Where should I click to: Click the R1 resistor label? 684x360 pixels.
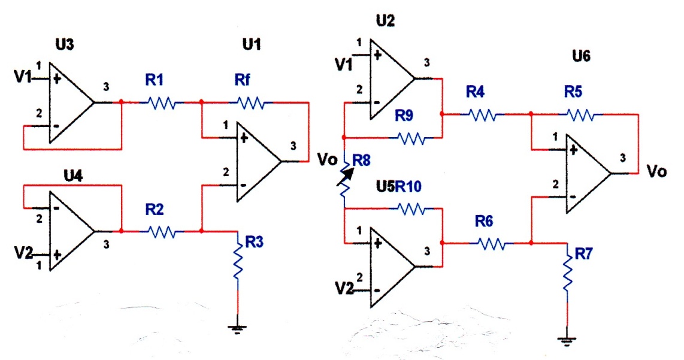pyautogui.click(x=154, y=80)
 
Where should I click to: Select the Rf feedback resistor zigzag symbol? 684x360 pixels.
pyautogui.click(x=251, y=103)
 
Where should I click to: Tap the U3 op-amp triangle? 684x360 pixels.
pyautogui.click(x=71, y=102)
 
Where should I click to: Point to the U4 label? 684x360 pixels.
pyautogui.click(x=73, y=176)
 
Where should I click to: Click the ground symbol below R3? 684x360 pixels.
pyautogui.click(x=237, y=329)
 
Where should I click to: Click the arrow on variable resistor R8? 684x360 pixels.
pyautogui.click(x=346, y=176)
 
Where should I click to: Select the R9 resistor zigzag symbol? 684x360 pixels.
pyautogui.click(x=412, y=138)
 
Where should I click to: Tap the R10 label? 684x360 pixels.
pyautogui.click(x=408, y=187)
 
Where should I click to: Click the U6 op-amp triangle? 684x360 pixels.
pyautogui.click(x=588, y=174)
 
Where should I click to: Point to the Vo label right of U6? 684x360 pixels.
pyautogui.click(x=656, y=171)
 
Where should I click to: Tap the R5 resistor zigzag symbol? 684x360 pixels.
pyautogui.click(x=580, y=115)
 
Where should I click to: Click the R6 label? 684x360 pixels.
pyautogui.click(x=484, y=221)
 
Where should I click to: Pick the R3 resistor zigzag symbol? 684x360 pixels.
pyautogui.click(x=238, y=262)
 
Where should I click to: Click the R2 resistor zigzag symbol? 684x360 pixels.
pyautogui.click(x=162, y=231)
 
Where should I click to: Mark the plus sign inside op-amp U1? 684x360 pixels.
pyautogui.click(x=244, y=138)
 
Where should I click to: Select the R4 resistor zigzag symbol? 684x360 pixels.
pyautogui.click(x=483, y=115)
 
